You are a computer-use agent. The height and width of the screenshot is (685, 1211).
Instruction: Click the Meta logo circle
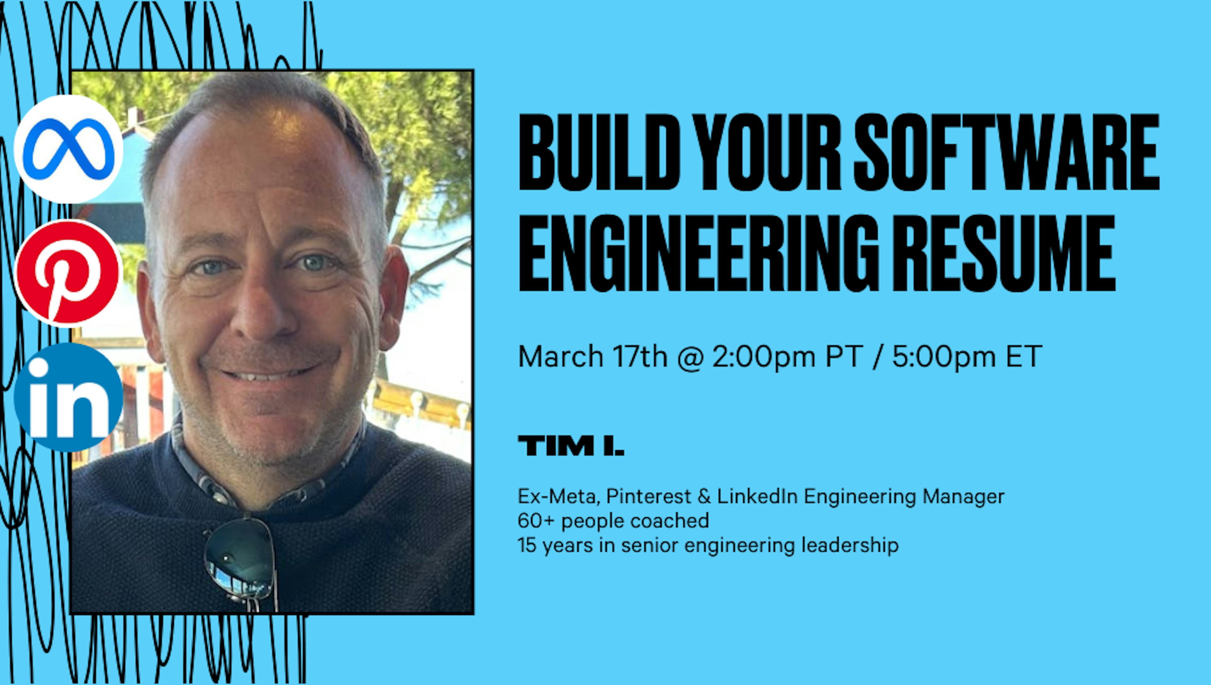[x=69, y=149]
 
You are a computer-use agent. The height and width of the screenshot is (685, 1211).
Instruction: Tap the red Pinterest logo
[x=69, y=273]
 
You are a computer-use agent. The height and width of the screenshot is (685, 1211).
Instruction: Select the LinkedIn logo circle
[x=69, y=398]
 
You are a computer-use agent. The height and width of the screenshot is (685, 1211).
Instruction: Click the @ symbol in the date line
[x=690, y=357]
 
